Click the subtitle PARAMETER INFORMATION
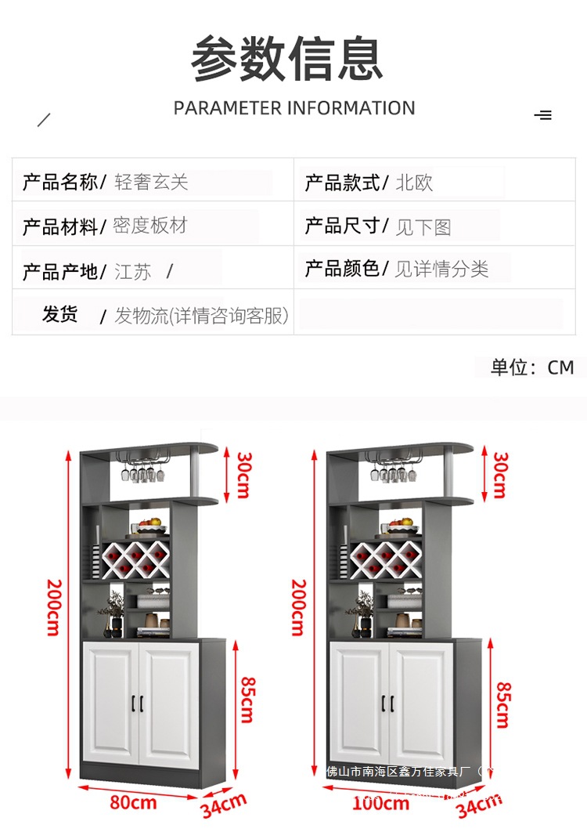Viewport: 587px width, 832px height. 294,108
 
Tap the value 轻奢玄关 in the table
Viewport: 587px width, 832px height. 152,183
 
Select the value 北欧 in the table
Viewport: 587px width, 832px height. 414,183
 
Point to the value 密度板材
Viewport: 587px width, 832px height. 150,226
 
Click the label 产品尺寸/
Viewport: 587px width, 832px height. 346,226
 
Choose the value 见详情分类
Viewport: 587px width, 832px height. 441,269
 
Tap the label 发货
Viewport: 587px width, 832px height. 59,315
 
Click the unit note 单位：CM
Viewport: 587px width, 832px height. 532,367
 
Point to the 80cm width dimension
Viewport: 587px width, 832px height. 132,802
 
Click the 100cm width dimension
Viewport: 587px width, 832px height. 381,802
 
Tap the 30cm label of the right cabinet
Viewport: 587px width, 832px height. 499,475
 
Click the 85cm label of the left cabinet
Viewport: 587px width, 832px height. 247,700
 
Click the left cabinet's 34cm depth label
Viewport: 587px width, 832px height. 224,805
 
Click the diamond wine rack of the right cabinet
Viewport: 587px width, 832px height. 383,558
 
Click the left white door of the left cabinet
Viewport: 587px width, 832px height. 111,704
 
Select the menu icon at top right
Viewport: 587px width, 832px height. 543,115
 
